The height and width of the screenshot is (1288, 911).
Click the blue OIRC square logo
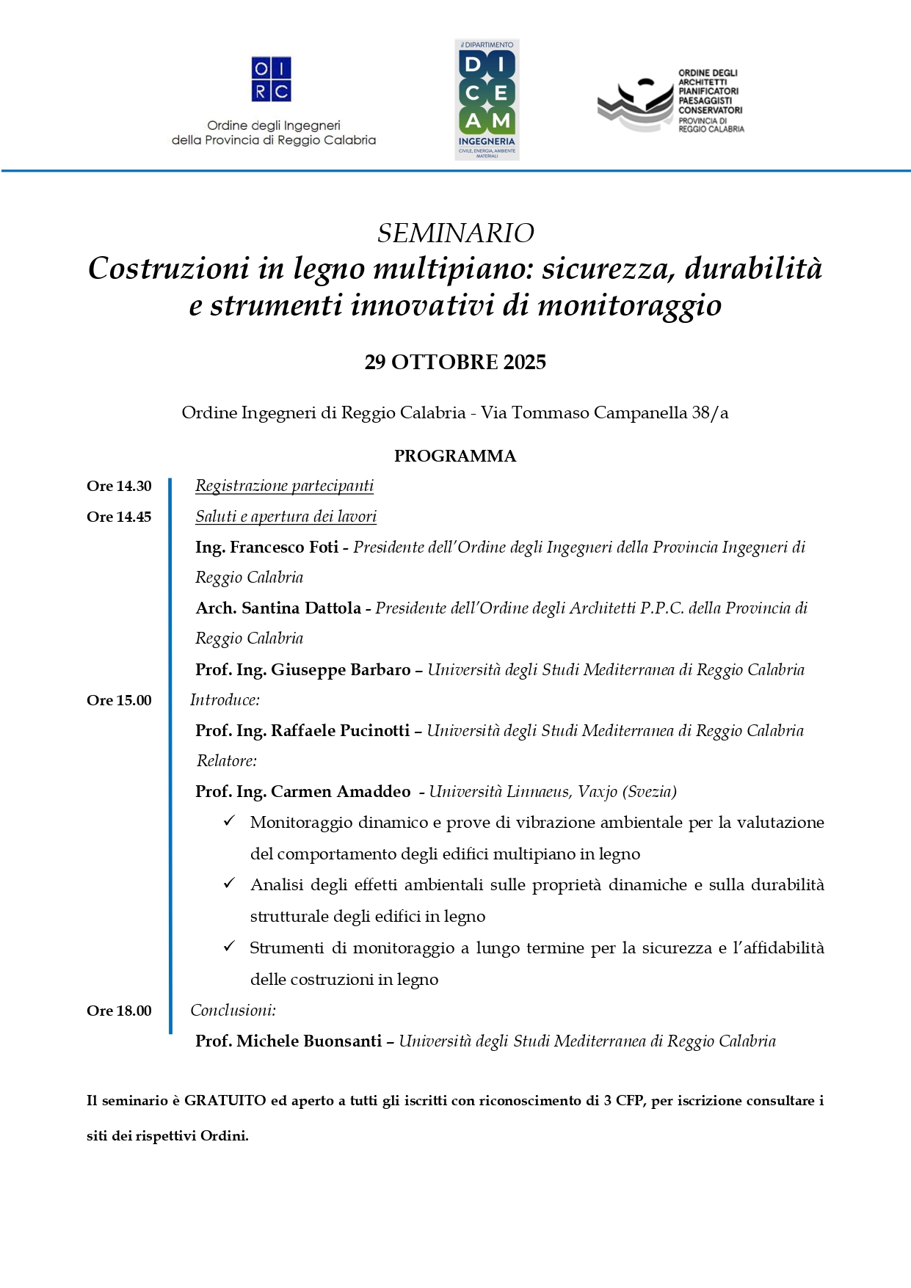pos(271,79)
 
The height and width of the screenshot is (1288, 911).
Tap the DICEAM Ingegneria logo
pos(487,100)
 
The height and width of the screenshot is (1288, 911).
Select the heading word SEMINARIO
pos(455,233)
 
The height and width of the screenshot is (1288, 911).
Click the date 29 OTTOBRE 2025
pos(455,363)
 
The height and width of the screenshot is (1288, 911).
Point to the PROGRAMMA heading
pos(455,456)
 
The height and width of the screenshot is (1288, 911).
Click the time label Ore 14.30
pos(119,487)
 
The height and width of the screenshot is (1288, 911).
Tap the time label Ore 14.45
pos(119,517)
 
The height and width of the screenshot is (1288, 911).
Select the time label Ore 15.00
pos(119,701)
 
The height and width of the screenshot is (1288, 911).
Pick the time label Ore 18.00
pos(119,1011)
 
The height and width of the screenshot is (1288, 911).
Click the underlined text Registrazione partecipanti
pos(284,486)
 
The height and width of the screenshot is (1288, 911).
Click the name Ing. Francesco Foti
pos(266,547)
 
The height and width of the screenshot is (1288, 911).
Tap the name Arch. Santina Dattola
pos(278,608)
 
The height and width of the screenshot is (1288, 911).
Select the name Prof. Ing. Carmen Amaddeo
pos(302,792)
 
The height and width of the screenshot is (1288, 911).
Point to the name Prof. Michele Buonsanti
pos(288,1041)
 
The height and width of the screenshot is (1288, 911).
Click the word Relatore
pos(226,761)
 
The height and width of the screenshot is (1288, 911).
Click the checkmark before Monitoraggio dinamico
pos(230,821)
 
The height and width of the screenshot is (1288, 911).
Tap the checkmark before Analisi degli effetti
pos(230,884)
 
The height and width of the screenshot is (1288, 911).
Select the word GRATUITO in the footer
pos(225,1101)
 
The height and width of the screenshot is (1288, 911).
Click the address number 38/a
pos(710,413)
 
